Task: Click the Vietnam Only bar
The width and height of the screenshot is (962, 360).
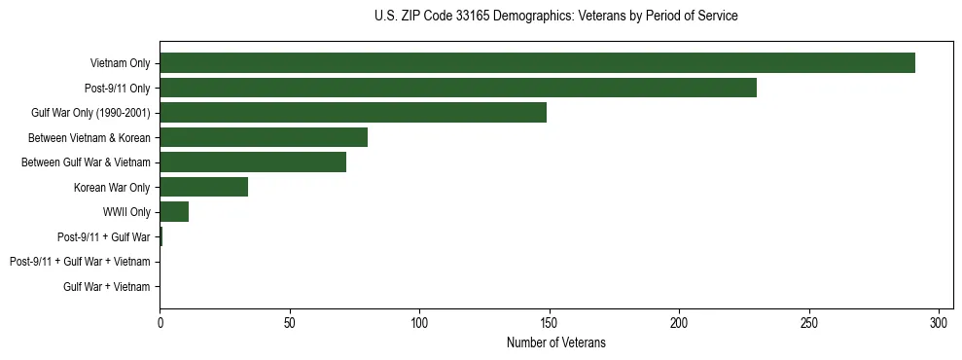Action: click(537, 63)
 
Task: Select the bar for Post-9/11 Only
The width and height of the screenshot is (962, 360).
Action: click(457, 88)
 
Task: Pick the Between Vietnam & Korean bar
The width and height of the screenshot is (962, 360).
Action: click(264, 137)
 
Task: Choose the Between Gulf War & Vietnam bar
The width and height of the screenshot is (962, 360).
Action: click(253, 162)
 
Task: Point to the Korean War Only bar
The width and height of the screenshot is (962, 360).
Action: click(203, 187)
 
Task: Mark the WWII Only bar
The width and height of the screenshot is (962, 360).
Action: click(174, 212)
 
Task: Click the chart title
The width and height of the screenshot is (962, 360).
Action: click(555, 17)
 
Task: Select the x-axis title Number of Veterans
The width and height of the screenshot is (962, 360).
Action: click(555, 342)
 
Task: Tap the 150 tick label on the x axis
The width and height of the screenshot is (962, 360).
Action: click(550, 321)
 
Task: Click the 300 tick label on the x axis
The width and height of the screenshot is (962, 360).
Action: click(940, 321)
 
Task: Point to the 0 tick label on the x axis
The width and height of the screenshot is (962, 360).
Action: click(160, 321)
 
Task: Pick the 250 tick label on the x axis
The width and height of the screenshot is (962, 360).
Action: click(809, 321)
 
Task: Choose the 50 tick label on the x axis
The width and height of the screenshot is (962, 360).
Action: click(290, 321)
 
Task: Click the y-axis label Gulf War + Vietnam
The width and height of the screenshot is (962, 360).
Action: click(106, 286)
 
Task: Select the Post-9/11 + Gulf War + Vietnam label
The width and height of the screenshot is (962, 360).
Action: click(80, 262)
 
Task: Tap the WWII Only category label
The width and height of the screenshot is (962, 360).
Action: click(126, 212)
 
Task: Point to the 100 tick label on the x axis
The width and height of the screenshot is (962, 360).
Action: click(419, 321)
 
